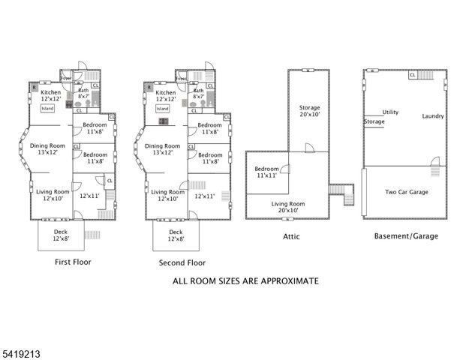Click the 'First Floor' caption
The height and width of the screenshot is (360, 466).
[73, 262]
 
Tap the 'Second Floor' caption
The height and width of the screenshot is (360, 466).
[182, 262]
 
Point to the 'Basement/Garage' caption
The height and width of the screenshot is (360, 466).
[406, 235]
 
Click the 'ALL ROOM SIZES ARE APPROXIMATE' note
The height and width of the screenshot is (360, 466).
[245, 280]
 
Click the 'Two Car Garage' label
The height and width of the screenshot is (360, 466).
[407, 192]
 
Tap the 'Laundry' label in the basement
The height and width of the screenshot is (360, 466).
[433, 116]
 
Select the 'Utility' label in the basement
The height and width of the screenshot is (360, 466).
[390, 112]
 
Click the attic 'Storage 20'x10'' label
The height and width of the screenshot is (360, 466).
[309, 111]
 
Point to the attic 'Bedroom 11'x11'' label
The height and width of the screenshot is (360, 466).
[267, 172]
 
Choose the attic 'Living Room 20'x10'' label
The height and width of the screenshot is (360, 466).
[288, 207]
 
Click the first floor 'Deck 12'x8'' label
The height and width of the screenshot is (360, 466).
[60, 236]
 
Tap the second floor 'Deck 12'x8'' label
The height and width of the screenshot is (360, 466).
[176, 236]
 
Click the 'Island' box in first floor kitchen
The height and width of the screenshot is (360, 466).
[45, 108]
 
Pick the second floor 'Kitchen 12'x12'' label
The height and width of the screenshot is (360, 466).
[166, 96]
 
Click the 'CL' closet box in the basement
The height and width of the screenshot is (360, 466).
[413, 75]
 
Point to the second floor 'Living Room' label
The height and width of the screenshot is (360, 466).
[168, 195]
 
